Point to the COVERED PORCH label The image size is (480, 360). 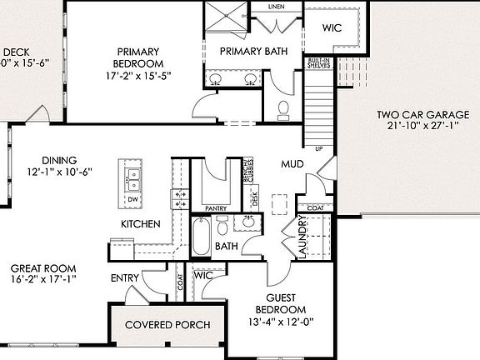tap(167, 324)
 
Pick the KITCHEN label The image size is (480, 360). tap(140, 224)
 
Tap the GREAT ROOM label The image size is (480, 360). tap(43, 268)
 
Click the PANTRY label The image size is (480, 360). tap(216, 208)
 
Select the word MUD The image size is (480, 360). tap(292, 164)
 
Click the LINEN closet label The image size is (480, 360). tap(277, 7)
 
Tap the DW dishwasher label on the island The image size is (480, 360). tap(133, 201)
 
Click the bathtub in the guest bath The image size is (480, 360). tap(202, 237)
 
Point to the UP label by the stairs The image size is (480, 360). tap(317, 149)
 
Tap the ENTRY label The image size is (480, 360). tap(124, 277)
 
